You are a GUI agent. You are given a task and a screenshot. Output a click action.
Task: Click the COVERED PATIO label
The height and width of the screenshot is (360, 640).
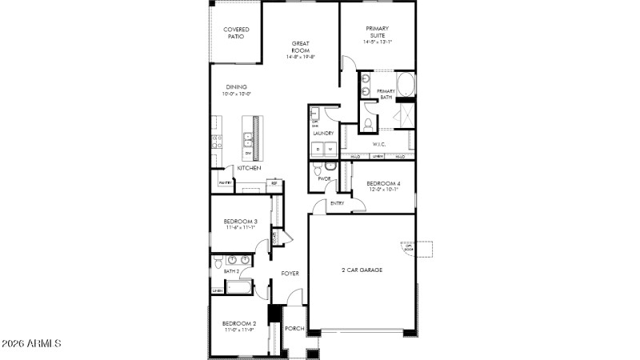click(x=236, y=33)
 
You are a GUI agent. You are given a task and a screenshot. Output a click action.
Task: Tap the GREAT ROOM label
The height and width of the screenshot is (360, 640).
click(x=301, y=47)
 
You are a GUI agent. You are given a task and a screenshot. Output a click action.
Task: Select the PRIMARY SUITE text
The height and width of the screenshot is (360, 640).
click(x=377, y=33)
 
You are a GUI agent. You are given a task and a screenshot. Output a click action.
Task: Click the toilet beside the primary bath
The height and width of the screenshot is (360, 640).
click(x=368, y=124)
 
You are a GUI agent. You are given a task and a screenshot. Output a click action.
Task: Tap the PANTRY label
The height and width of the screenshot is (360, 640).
click(x=225, y=183)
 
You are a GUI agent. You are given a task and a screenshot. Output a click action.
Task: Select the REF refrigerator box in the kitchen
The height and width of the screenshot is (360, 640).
click(x=274, y=184)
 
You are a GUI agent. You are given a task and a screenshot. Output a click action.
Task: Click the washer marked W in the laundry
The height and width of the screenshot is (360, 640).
click(x=329, y=149)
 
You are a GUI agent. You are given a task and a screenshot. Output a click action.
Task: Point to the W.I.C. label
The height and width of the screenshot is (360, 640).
click(x=379, y=145)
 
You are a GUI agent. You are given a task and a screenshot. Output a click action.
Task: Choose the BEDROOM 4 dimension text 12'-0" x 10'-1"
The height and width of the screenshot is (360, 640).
click(x=382, y=190)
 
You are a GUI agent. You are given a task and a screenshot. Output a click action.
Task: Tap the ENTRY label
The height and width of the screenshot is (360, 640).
click(x=337, y=203)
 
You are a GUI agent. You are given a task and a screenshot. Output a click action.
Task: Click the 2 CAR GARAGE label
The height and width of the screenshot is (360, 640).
click(x=362, y=270)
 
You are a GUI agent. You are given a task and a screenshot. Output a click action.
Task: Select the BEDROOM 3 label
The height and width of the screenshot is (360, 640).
click(x=240, y=221)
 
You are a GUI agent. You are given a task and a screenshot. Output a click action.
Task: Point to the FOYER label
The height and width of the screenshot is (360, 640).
click(x=290, y=274)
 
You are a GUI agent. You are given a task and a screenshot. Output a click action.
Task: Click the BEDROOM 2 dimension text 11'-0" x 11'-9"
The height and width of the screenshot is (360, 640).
click(x=239, y=330)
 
